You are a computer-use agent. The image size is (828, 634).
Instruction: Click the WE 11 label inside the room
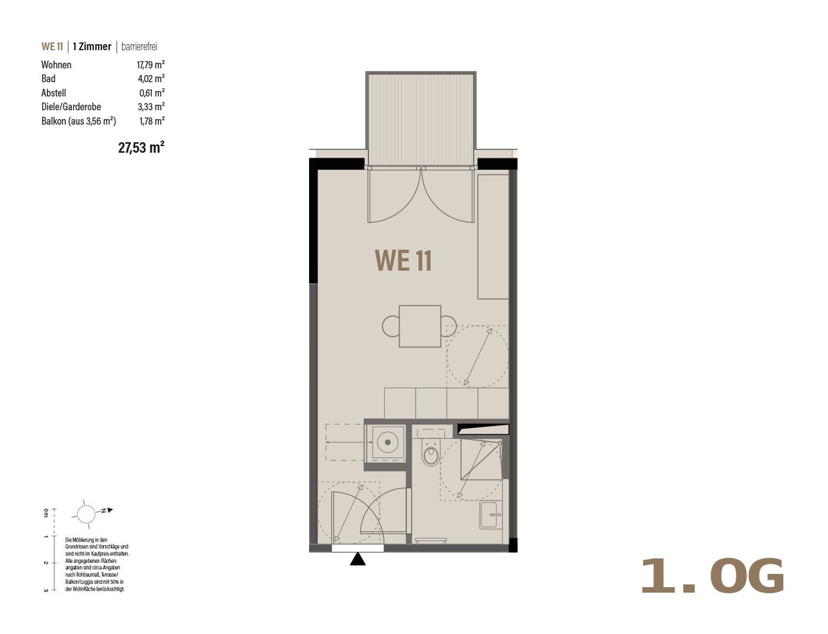403,260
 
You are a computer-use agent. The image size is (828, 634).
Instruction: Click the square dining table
420,326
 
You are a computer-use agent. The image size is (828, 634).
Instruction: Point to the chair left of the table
391,326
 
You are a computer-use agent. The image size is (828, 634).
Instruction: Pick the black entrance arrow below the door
358,559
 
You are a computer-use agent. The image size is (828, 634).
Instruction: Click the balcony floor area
421,119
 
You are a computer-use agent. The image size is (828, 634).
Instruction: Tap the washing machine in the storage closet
388,442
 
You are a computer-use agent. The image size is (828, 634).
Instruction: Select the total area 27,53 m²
141,147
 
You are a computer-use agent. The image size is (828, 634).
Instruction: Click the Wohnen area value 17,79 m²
150,65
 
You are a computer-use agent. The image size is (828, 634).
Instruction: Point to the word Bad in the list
48,79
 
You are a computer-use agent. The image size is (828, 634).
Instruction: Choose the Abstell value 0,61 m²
152,93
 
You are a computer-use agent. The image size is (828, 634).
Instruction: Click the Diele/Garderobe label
71,107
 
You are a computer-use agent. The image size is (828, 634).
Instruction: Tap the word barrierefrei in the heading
139,46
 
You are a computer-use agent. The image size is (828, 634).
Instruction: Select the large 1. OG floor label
712,576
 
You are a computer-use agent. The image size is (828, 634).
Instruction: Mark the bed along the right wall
493,236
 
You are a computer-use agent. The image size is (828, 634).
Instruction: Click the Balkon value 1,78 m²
152,121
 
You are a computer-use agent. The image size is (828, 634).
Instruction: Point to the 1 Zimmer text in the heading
92,46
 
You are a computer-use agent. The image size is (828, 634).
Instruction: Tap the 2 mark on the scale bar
46,563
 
